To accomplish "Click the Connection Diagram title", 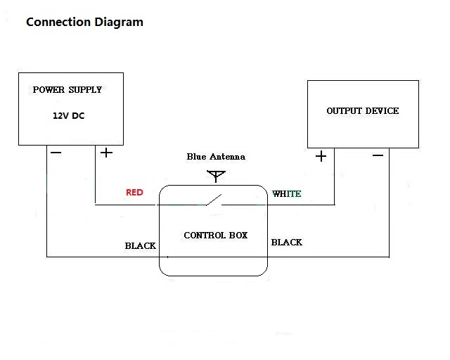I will [84, 22].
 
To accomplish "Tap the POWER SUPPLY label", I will [67, 90].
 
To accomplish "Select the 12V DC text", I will [68, 115].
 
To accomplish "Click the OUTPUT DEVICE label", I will [362, 111].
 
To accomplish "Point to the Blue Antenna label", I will [216, 156].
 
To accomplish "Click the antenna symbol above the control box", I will [216, 175].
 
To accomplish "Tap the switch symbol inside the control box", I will [214, 200].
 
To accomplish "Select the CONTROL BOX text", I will [215, 235].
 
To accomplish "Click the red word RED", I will [134, 192].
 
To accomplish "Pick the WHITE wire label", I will [287, 193].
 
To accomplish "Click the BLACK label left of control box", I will [141, 246].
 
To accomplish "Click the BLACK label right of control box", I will [286, 242].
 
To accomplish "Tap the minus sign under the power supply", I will [56, 153].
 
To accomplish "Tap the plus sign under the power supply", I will [105, 153].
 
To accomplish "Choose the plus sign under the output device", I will [321, 156].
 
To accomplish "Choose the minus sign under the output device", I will [378, 155].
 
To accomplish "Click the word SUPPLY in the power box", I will [85, 90].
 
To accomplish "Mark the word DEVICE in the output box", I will [381, 111].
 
